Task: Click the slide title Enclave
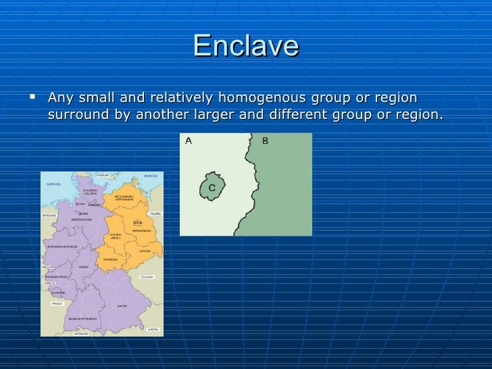click(245, 46)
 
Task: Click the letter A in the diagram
click(189, 141)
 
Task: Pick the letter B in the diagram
click(265, 141)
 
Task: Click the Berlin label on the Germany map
click(137, 222)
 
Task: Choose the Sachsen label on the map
click(145, 251)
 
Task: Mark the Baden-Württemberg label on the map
click(83, 318)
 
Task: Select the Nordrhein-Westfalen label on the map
click(64, 246)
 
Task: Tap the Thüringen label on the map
click(111, 259)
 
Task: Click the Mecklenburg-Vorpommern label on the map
click(124, 198)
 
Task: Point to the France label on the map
click(57, 304)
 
